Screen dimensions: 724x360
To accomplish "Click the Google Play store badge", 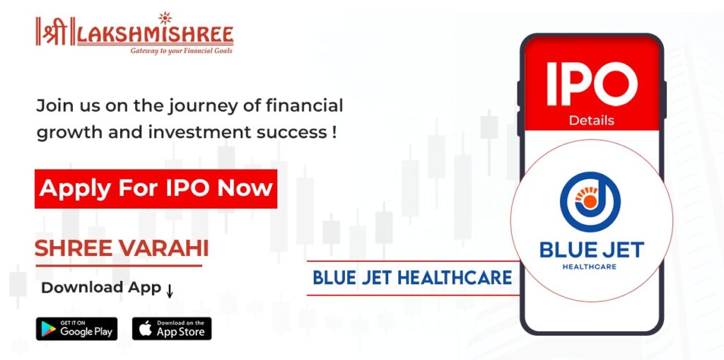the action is click(76, 329).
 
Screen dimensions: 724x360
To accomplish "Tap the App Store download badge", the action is click(172, 329).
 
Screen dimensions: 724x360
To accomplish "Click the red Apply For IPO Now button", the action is click(156, 189).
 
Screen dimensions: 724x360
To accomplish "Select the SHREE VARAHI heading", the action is click(122, 249).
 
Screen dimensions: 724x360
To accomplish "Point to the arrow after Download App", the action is click(170, 291).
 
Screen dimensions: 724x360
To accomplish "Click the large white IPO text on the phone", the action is click(592, 84).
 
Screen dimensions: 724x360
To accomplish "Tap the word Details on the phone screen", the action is click(592, 121).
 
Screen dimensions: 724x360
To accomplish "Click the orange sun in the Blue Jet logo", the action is click(589, 201).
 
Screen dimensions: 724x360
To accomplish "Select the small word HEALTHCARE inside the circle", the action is click(590, 267).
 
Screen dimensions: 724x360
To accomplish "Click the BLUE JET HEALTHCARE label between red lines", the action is click(412, 277).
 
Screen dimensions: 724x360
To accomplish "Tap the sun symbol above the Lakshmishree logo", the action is click(165, 18).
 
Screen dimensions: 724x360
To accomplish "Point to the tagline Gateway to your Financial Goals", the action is click(182, 50).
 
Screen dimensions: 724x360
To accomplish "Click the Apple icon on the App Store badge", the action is click(146, 329).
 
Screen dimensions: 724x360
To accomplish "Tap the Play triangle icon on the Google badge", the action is click(48, 329).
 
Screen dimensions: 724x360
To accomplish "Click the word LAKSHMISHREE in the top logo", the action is click(156, 35).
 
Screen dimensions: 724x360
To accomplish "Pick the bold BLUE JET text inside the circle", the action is click(592, 250).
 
